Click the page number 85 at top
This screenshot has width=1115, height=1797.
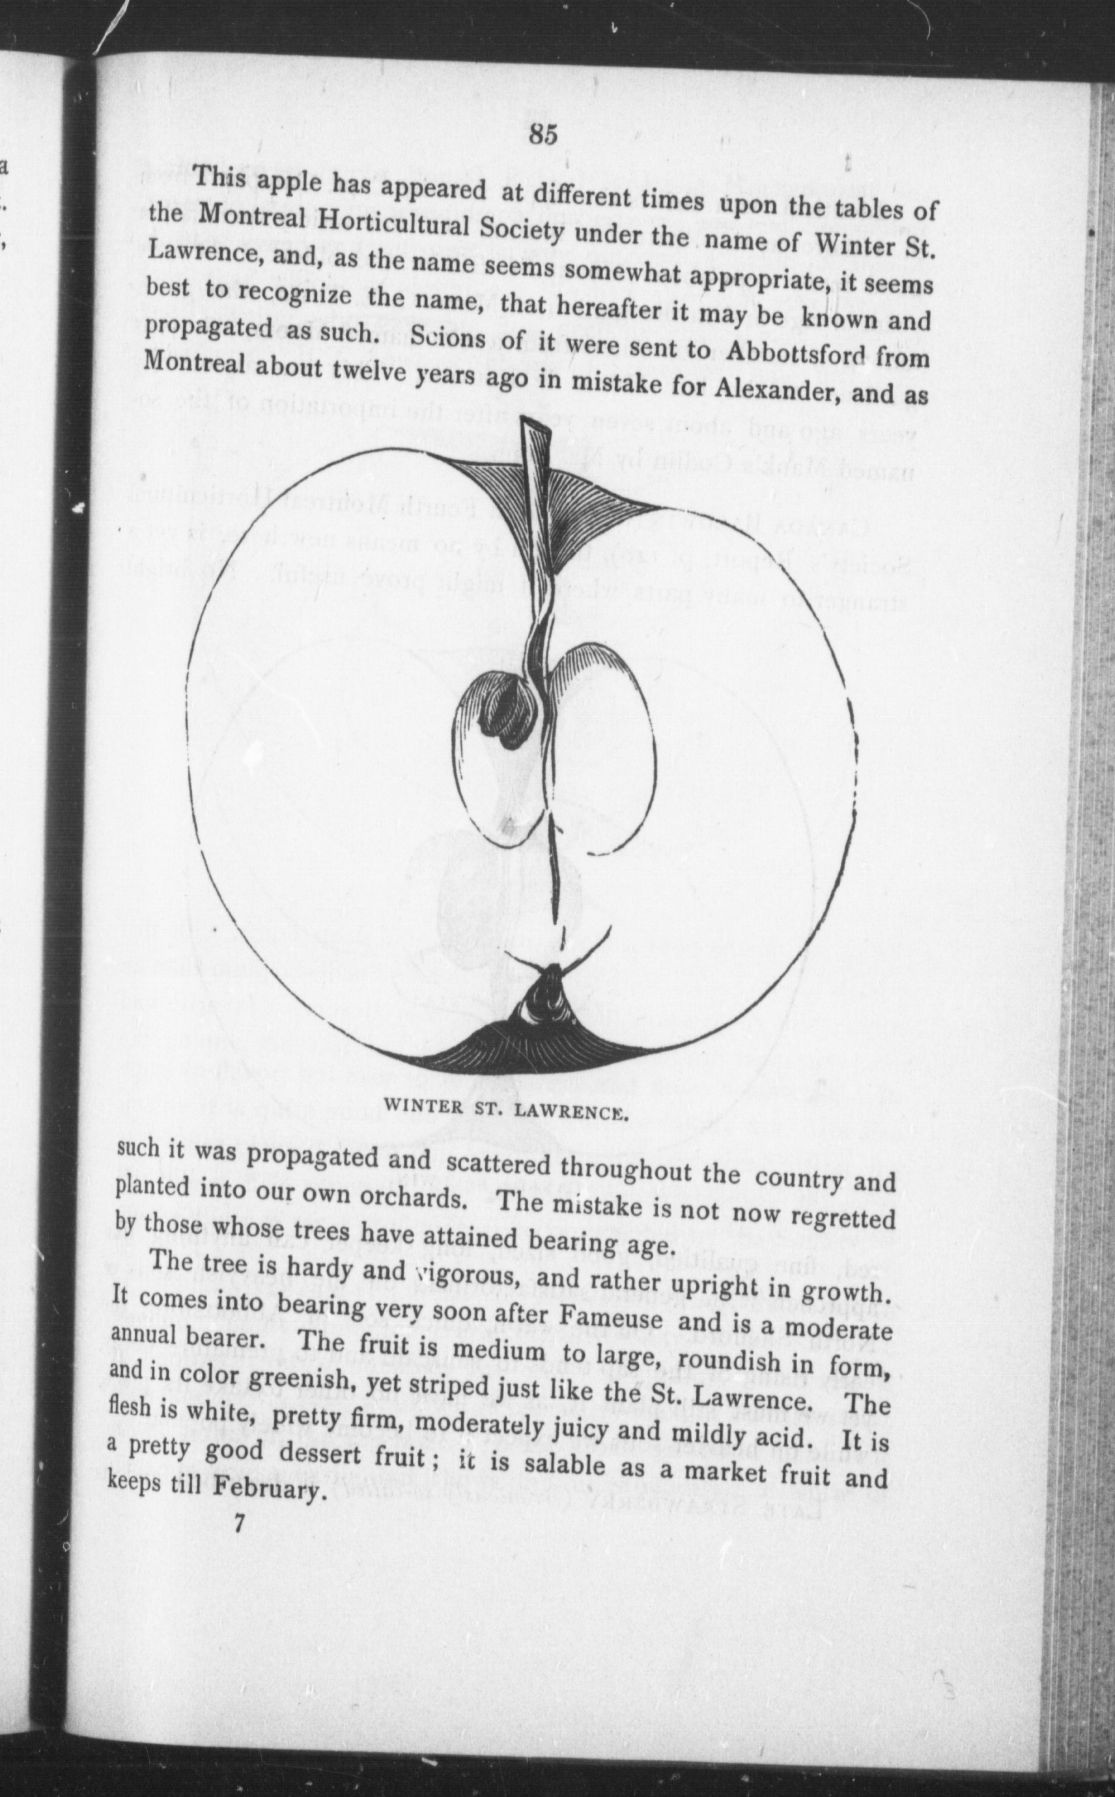click(x=543, y=135)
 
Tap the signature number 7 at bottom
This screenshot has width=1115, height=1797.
click(x=238, y=1524)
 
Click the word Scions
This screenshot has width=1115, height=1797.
click(x=447, y=339)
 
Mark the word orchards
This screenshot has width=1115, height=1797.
click(x=412, y=1195)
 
